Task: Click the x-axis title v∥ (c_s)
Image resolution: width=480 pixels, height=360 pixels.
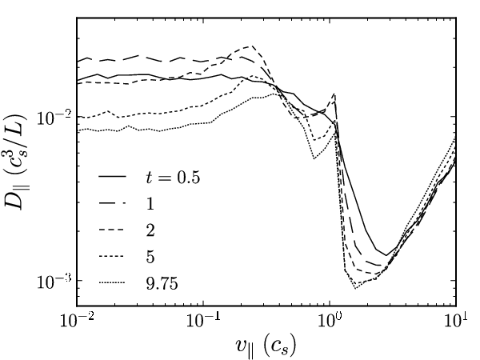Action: [266, 347]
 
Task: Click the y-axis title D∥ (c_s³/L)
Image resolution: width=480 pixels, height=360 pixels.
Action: [16, 162]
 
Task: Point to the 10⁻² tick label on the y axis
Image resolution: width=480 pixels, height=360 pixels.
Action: [54, 118]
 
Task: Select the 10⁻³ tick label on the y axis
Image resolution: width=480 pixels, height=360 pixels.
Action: [54, 282]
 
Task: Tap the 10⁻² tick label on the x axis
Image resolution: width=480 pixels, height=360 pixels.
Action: [77, 320]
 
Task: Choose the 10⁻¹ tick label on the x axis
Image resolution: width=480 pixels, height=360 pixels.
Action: [203, 320]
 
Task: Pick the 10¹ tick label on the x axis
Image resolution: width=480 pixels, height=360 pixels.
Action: [456, 320]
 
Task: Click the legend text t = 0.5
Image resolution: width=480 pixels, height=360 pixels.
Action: [173, 178]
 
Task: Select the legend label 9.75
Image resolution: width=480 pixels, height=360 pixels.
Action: [162, 284]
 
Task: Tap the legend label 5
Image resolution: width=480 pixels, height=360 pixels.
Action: [150, 257]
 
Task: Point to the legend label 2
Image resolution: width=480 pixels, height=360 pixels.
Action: [150, 230]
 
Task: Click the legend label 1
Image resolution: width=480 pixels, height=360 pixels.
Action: [150, 203]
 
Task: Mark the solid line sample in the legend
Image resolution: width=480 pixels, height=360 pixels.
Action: [112, 176]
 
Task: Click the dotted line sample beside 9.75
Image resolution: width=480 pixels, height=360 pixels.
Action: [112, 282]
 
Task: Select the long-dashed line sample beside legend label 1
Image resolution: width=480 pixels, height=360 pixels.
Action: [112, 202]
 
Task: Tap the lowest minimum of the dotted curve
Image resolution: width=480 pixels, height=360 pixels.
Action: [355, 288]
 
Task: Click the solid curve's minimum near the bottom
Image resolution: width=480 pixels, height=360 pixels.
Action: [386, 255]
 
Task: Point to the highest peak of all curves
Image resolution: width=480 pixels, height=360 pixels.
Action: [252, 46]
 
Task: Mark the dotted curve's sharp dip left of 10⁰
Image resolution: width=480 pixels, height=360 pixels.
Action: [314, 158]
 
